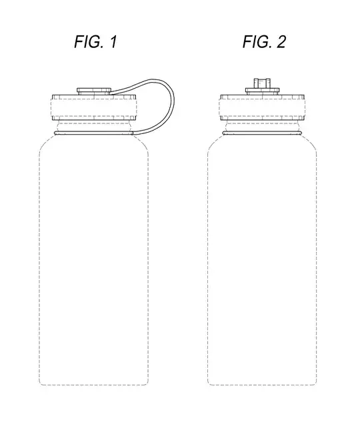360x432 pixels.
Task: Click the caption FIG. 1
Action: (95, 42)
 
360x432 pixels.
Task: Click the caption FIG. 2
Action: (264, 42)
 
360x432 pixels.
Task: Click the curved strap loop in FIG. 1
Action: (171, 100)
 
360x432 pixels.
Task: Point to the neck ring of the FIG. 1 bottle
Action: (93, 133)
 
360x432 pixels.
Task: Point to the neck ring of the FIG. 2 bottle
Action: (262, 133)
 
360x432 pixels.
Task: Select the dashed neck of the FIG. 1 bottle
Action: (94, 125)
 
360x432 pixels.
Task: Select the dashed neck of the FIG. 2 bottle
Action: (262, 125)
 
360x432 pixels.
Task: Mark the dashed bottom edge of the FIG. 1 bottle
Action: (94, 385)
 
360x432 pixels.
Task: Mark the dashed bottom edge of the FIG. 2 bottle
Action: (262, 385)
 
